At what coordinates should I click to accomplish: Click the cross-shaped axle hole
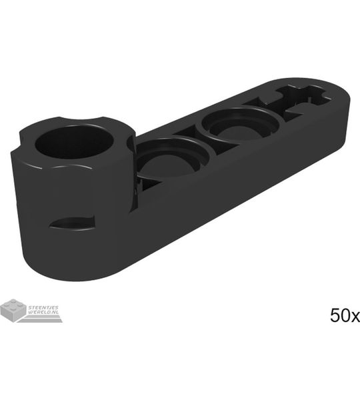303,99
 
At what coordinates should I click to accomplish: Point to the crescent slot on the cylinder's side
72,223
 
